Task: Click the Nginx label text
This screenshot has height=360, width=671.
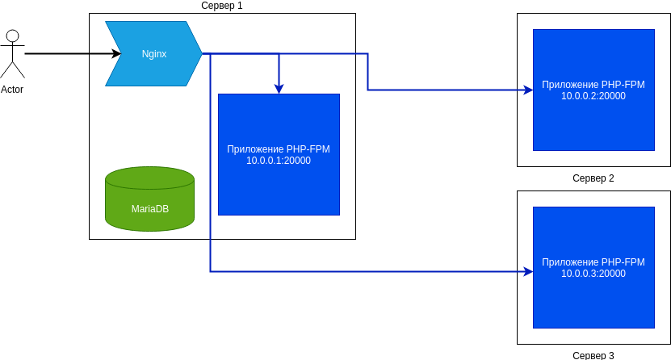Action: click(x=154, y=54)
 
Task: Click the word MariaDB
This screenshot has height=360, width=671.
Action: click(x=150, y=209)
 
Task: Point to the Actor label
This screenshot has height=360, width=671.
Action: click(x=12, y=90)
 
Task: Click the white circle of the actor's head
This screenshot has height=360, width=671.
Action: click(x=12, y=36)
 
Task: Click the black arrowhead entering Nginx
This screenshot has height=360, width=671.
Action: click(x=116, y=54)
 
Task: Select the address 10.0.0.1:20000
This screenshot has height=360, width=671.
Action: click(x=279, y=161)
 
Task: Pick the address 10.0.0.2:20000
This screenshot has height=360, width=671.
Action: click(x=593, y=96)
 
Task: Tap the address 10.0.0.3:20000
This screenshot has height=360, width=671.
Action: click(x=593, y=274)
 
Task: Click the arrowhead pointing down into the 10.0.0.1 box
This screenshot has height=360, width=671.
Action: click(x=279, y=89)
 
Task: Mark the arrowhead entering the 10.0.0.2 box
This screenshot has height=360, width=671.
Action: click(x=528, y=90)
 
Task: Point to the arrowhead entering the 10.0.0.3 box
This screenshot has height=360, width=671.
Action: click(x=528, y=272)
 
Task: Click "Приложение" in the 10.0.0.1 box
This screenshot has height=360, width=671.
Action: click(x=255, y=149)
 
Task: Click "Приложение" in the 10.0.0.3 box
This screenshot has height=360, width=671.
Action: click(x=570, y=262)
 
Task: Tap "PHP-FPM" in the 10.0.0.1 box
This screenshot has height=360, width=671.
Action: click(x=308, y=149)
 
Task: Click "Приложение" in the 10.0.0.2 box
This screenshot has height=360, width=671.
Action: click(x=570, y=85)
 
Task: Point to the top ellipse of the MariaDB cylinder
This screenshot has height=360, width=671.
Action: click(x=150, y=178)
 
